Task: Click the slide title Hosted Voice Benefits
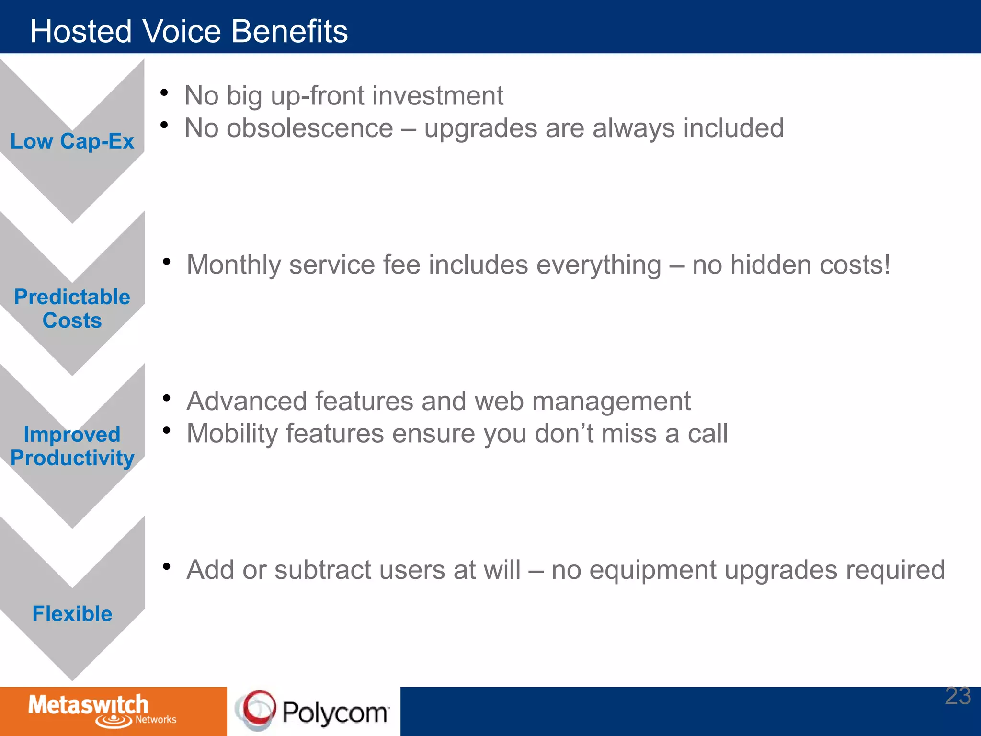[x=189, y=32]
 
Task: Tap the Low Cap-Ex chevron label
[x=72, y=141]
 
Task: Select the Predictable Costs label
[x=72, y=309]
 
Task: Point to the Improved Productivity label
[x=72, y=446]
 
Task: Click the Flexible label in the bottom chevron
[x=72, y=614]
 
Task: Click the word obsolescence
[x=309, y=128]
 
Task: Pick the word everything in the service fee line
[x=599, y=265]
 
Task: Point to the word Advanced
[x=246, y=401]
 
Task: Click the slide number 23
[x=958, y=696]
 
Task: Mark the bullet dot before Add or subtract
[x=167, y=567]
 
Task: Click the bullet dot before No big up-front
[x=164, y=92]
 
